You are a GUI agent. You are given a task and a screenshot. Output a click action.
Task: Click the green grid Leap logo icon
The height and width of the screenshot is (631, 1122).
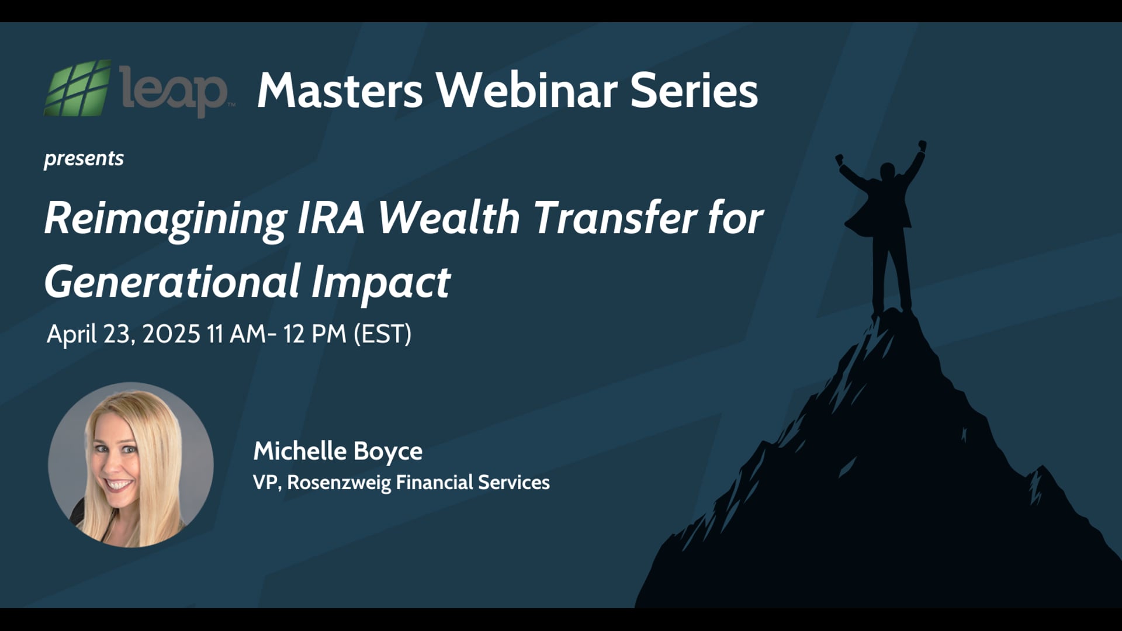pyautogui.click(x=77, y=88)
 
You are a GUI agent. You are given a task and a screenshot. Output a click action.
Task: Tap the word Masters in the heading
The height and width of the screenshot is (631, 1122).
pyautogui.click(x=340, y=91)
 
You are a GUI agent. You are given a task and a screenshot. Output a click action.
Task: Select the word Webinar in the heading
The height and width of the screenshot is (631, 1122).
pyautogui.click(x=528, y=91)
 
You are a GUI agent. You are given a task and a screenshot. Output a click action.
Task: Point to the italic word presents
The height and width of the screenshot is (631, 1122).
pyautogui.click(x=84, y=158)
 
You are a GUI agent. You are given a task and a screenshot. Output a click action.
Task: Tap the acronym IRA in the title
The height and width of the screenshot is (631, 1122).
pyautogui.click(x=331, y=217)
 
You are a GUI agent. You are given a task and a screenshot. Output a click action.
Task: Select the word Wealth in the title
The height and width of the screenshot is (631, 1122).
pyautogui.click(x=449, y=217)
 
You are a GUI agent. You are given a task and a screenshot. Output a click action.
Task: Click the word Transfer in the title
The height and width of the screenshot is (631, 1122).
pyautogui.click(x=615, y=217)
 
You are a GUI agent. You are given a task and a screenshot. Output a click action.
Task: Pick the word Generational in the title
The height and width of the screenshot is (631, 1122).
pyautogui.click(x=172, y=282)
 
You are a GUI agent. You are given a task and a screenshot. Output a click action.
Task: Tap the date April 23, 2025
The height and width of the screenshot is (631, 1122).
pyautogui.click(x=123, y=334)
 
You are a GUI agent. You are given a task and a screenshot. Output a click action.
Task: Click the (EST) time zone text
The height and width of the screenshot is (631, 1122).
pyautogui.click(x=382, y=334)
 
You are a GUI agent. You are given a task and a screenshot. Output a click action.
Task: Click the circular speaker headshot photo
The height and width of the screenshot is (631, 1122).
pyautogui.click(x=130, y=465)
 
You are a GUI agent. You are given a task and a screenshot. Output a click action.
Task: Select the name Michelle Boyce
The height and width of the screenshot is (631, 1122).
pyautogui.click(x=338, y=451)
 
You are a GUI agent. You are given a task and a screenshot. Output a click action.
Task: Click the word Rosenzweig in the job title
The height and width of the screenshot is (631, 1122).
pyautogui.click(x=339, y=483)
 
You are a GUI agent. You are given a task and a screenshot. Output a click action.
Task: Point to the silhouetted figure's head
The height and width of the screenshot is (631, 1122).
pyautogui.click(x=887, y=171)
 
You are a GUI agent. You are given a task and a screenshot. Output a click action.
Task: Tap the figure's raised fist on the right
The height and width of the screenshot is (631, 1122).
pyautogui.click(x=922, y=145)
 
